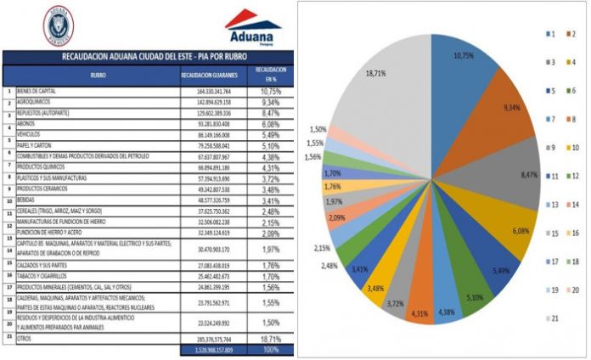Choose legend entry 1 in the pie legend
[555, 33]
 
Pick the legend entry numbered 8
[577, 120]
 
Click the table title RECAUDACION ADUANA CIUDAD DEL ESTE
[147, 58]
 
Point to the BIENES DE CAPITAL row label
[36, 91]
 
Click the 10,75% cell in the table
[269, 91]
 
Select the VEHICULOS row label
[31, 134]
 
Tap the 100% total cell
[269, 348]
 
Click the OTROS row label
[24, 338]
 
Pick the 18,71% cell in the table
[269, 338]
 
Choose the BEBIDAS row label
[27, 200]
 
